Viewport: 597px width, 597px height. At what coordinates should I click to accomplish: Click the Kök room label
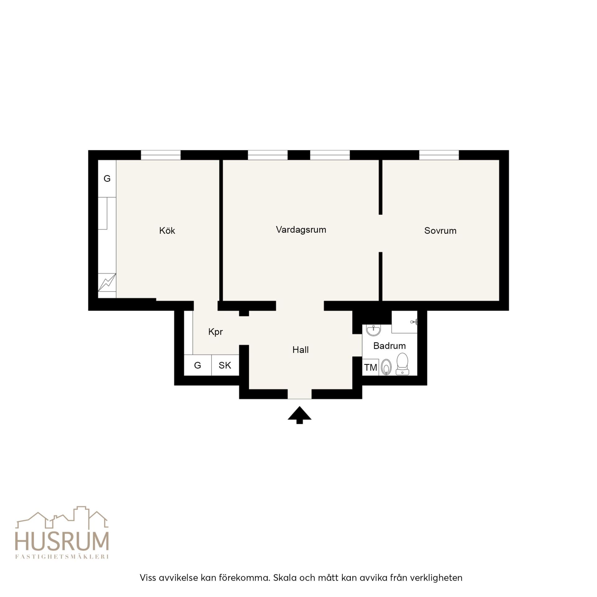[x=167, y=230]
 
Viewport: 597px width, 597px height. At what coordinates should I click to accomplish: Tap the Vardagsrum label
[x=301, y=230]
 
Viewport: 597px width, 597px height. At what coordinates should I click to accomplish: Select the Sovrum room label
[x=440, y=231]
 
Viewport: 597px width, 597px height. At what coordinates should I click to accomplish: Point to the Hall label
[x=300, y=350]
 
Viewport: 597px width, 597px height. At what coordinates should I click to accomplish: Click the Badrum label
[x=389, y=346]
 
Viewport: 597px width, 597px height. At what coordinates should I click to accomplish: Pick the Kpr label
[x=215, y=332]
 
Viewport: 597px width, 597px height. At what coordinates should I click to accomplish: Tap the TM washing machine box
[x=371, y=367]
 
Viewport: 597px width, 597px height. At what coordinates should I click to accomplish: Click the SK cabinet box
[x=225, y=365]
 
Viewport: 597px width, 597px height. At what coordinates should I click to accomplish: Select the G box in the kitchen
[x=107, y=178]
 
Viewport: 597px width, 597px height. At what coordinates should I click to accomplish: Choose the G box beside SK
[x=198, y=365]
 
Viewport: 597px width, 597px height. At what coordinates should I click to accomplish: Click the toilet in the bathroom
[x=402, y=363]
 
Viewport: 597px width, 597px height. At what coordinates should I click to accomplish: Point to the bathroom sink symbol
[x=373, y=330]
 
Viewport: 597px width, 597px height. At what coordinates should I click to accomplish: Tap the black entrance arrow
[x=299, y=415]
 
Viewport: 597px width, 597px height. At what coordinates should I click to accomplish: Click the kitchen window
[x=161, y=155]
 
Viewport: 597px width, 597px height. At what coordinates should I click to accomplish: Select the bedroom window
[x=439, y=155]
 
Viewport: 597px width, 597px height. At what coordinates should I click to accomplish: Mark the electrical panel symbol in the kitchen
[x=107, y=282]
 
